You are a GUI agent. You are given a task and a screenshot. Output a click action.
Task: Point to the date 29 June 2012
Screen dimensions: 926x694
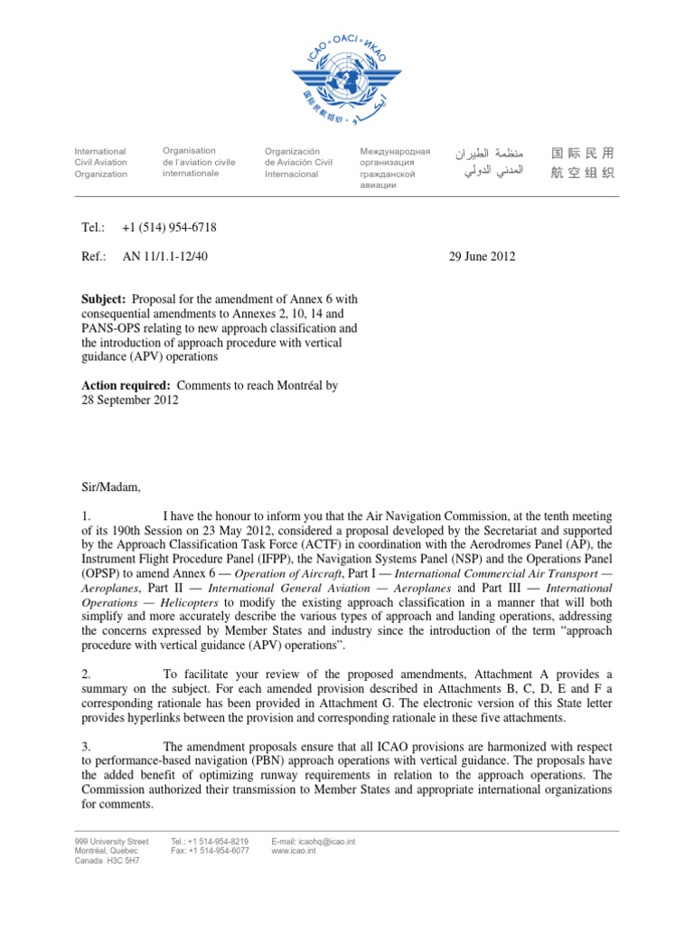point(482,257)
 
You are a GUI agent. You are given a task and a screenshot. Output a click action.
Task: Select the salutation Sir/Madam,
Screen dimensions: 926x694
point(112,487)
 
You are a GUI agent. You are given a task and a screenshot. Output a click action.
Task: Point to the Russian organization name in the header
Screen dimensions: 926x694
point(395,167)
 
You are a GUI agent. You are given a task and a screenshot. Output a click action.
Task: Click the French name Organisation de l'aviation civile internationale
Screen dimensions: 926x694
point(198,162)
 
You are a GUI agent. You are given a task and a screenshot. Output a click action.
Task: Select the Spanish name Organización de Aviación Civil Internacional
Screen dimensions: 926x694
point(298,162)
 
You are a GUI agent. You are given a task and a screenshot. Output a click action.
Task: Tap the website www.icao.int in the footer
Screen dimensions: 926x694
point(292,851)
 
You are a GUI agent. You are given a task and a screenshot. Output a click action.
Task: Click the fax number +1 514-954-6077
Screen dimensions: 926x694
point(210,851)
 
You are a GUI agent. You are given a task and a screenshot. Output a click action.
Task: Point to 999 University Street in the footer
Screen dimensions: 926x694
point(111,841)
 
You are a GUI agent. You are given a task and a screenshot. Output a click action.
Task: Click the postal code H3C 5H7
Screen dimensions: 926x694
point(124,861)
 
